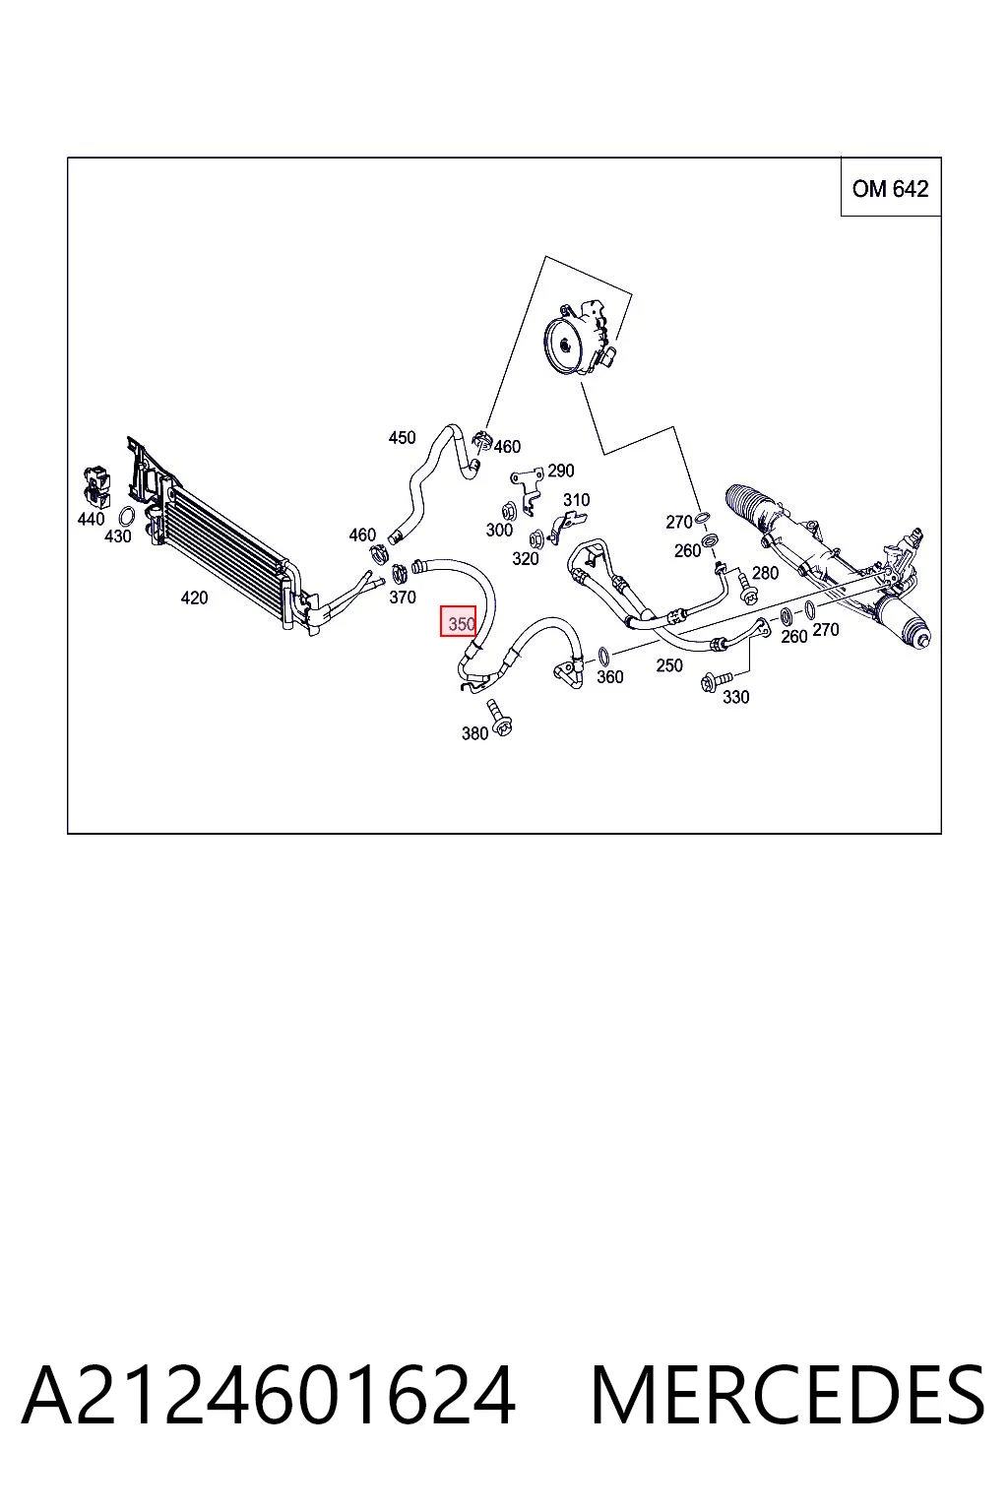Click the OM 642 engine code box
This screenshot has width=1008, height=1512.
pos(891,186)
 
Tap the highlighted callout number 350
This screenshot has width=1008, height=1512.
pos(459,621)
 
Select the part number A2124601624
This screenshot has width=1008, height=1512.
pos(269,1395)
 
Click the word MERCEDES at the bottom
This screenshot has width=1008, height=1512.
pos(787,1395)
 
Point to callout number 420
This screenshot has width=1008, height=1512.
pos(195,598)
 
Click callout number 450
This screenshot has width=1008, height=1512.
pos(402,437)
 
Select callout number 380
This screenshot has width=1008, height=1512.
pos(474,733)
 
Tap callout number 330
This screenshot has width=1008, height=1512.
pos(736,697)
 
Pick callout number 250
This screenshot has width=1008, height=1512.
pos(669,664)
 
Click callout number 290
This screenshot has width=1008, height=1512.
pos(560,470)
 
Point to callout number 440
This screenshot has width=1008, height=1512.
pos(92,519)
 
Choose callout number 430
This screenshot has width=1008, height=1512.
pos(117,535)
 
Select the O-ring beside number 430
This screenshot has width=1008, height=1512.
pos(126,517)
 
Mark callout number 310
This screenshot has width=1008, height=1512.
pos(576,499)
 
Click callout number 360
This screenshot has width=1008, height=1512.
pos(609,676)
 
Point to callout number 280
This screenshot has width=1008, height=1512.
pos(765,572)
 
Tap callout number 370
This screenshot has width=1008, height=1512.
pos(403,597)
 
